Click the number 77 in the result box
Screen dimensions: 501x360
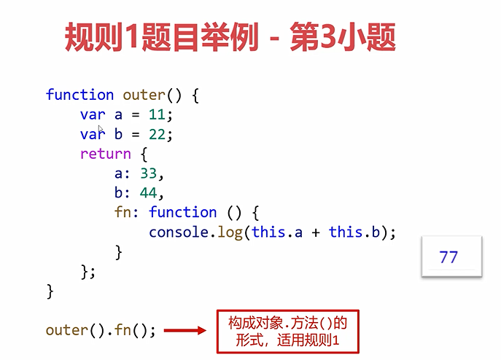point(449,257)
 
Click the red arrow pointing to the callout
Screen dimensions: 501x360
point(185,330)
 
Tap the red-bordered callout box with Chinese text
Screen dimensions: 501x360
point(287,332)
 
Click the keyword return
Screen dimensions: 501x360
point(105,154)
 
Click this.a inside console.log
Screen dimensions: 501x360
point(277,232)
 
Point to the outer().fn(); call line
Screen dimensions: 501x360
point(101,330)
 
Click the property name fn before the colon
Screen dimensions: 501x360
point(123,213)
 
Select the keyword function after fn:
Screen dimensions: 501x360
point(182,213)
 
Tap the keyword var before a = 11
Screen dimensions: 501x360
point(93,114)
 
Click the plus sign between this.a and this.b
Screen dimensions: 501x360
point(316,232)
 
